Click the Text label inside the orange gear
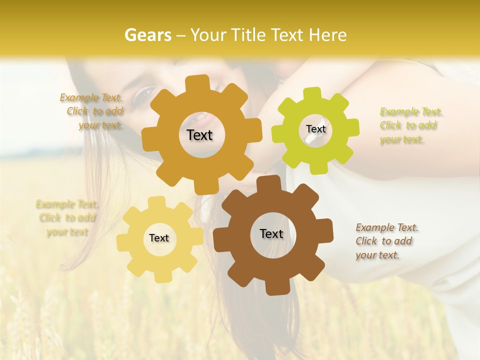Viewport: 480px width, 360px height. click(x=199, y=135)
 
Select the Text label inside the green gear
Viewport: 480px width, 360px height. click(x=315, y=129)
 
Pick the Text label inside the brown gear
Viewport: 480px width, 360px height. click(x=271, y=233)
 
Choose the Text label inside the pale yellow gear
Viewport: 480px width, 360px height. click(x=159, y=238)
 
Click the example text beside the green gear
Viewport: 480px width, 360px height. click(x=411, y=126)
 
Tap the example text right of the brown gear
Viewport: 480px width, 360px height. click(x=387, y=241)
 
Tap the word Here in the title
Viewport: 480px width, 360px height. click(x=327, y=35)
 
